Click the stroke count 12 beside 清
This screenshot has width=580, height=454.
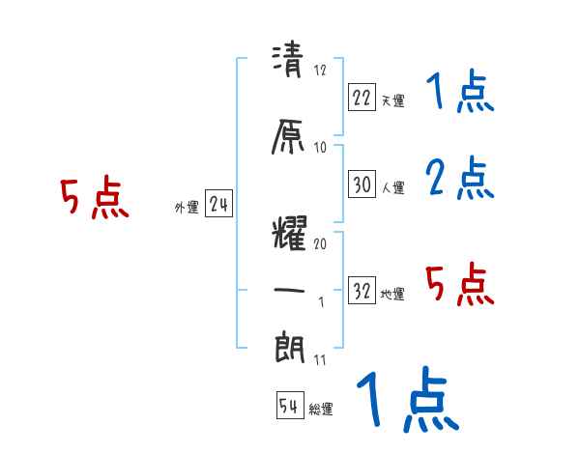[x=321, y=70]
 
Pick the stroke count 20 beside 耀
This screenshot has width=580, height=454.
[x=321, y=244]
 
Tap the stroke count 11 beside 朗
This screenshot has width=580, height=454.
[x=320, y=360]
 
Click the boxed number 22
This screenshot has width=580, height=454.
[x=362, y=97]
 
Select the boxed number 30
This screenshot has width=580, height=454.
[x=362, y=184]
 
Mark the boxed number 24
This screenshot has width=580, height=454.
[x=218, y=203]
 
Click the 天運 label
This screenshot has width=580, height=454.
[x=392, y=99]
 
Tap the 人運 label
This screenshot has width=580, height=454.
[x=392, y=187]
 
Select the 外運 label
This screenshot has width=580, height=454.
[x=186, y=207]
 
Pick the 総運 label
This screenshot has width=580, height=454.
[x=321, y=410]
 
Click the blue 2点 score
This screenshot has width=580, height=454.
[x=460, y=178]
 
